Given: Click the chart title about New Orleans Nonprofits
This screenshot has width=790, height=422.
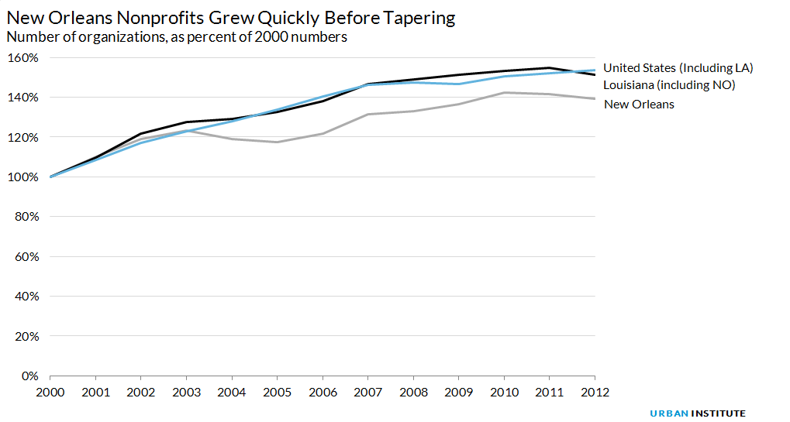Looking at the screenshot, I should click(x=230, y=16).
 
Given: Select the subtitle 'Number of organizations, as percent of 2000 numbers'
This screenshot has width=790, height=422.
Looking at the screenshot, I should click(x=176, y=36).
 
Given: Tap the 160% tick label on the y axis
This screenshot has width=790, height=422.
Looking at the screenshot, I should click(x=22, y=58).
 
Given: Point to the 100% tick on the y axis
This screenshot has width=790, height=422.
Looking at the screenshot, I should click(x=22, y=177).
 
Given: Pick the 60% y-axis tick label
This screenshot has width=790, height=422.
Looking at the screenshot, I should click(x=25, y=257).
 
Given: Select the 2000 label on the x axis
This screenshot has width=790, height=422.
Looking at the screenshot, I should click(x=50, y=392).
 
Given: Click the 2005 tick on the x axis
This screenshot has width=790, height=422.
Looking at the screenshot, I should click(x=277, y=392).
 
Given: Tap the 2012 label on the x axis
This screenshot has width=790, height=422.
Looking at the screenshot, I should click(x=595, y=392).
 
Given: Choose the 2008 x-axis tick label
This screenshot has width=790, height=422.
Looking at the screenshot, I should click(x=413, y=392).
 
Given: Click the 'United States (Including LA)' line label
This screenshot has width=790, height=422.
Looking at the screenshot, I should click(x=678, y=68).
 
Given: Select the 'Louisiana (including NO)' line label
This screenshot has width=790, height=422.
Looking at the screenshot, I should click(x=668, y=85).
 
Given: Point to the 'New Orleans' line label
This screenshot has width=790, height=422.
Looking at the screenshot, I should click(x=638, y=104).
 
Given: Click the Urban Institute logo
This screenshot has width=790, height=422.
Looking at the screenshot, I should click(x=697, y=413).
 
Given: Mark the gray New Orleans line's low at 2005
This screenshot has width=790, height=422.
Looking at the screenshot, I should click(x=277, y=142).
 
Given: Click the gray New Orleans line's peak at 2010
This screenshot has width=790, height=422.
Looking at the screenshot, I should click(x=504, y=93).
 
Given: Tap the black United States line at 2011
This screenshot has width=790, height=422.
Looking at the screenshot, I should click(x=549, y=67).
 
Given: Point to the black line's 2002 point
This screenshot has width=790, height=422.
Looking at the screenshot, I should click(x=141, y=133).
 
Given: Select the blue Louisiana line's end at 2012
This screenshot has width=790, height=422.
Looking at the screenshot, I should click(x=595, y=70).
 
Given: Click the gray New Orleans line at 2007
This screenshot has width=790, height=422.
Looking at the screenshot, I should click(x=367, y=115).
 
